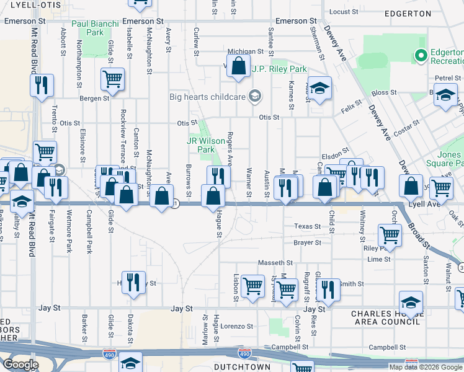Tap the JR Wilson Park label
201,145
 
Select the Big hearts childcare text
207,96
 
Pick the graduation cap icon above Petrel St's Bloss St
445,96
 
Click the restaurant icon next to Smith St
328,289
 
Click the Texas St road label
307,226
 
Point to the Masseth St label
279,263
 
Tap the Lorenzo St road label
238,325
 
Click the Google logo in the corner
20,365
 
